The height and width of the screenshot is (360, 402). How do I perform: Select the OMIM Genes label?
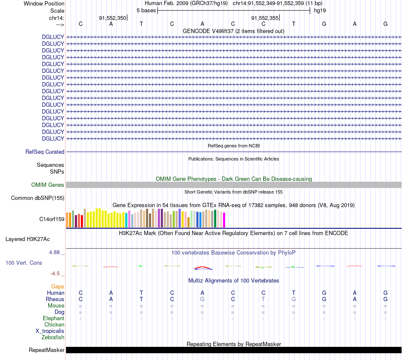point(48,185)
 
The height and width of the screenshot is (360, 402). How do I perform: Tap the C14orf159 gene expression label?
point(52,219)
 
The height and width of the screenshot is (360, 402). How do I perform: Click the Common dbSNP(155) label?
point(38,198)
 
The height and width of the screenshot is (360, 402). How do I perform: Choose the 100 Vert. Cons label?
point(24,263)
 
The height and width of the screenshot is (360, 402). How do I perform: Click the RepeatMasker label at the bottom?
point(47,350)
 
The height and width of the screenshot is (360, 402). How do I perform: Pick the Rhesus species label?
point(55,299)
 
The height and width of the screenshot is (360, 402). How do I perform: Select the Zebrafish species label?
point(53,337)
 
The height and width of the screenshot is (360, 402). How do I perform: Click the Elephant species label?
point(53,318)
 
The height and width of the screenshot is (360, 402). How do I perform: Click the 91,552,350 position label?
point(112,18)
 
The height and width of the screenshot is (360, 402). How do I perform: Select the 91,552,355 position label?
point(265,18)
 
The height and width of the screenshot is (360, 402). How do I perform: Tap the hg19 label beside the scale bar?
point(319,10)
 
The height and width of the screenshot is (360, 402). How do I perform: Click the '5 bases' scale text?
point(146,10)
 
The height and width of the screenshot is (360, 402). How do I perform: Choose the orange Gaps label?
point(58,286)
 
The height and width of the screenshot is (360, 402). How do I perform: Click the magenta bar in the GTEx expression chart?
point(224,220)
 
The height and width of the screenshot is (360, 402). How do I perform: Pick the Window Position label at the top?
point(44,3)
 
